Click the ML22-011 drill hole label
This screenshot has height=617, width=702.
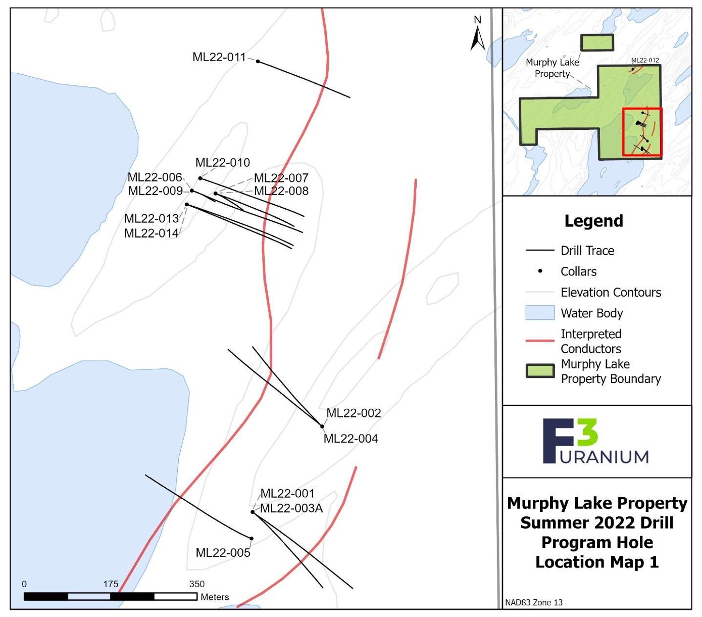219,57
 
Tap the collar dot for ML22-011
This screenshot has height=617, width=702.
258,62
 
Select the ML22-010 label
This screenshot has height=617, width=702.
223,163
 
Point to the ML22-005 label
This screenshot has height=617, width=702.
223,553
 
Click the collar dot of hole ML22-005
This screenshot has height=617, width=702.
252,539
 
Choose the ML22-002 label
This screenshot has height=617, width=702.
354,413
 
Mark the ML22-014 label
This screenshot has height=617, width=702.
152,233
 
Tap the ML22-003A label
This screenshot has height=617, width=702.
291,508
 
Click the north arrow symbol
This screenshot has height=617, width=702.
477,35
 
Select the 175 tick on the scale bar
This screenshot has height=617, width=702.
111,584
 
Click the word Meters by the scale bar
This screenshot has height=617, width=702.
215,597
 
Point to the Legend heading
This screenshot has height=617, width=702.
593,221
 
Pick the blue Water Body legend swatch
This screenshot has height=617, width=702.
540,313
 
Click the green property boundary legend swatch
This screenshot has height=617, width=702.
540,371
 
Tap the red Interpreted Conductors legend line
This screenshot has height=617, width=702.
540,341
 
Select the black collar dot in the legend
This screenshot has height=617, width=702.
540,271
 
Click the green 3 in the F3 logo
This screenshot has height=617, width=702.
586,433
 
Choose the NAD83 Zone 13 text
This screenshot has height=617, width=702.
534,602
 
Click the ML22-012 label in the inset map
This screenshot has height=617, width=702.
645,60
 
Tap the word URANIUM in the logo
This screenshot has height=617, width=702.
605,457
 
